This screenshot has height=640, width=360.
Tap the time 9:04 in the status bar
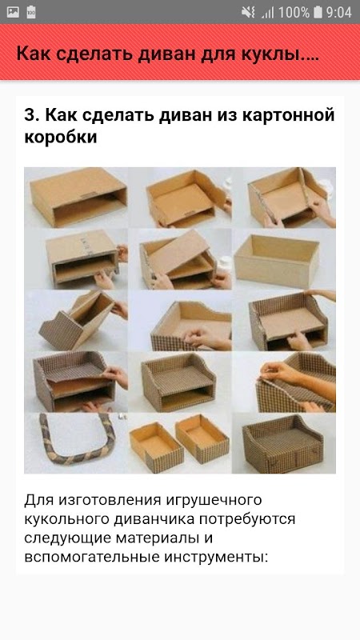(x=338, y=12)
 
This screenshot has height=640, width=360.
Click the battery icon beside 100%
(x=318, y=12)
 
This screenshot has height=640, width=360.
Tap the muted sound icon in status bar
(x=248, y=12)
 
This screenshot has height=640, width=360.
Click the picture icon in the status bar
(x=13, y=12)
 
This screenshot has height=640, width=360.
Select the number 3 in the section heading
(x=30, y=115)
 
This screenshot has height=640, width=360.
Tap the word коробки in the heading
(x=61, y=138)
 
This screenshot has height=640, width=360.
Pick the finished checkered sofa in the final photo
(x=283, y=445)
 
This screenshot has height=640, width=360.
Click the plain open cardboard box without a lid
(x=277, y=256)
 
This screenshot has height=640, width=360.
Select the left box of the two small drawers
(x=156, y=442)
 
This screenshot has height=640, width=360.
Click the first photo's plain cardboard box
(x=78, y=197)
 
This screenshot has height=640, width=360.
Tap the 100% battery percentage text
(x=294, y=12)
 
